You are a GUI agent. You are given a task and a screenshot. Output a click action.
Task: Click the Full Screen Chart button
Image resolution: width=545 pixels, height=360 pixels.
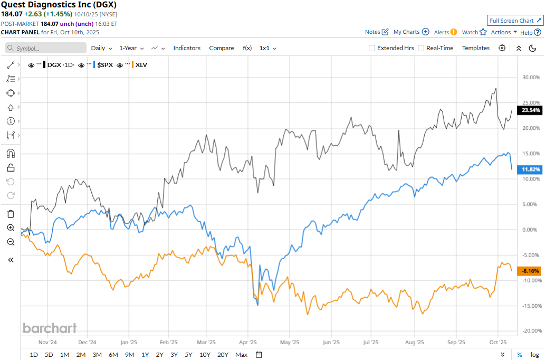point(514,21)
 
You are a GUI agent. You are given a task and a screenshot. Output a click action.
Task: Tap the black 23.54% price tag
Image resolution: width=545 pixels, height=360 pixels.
point(531,111)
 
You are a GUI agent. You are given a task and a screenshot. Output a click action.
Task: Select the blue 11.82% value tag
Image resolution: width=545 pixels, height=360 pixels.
point(531,169)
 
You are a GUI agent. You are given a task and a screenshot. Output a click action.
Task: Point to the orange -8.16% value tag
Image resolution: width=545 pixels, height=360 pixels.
point(530,271)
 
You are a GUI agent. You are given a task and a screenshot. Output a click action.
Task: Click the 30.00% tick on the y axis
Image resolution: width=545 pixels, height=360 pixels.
point(531,77)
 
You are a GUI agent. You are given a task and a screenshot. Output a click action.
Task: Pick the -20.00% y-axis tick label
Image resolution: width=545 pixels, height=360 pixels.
point(530,331)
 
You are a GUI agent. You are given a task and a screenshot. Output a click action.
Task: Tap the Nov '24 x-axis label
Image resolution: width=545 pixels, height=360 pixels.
point(47,342)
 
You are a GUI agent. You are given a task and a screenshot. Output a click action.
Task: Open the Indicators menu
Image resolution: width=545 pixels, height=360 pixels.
point(187,48)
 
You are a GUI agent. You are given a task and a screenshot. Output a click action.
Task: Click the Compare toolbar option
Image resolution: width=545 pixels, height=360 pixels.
point(222,48)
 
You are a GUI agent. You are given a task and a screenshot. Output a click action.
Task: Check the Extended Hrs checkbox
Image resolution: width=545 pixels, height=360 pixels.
point(372,48)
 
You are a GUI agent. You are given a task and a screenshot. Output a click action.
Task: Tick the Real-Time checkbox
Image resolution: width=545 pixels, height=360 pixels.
point(421,48)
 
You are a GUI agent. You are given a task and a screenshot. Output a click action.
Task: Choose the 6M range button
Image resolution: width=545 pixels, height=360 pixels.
point(113,355)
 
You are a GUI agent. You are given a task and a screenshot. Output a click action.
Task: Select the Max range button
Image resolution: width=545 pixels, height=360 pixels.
point(241,355)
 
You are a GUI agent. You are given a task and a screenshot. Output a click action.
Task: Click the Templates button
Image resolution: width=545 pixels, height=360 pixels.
point(476,48)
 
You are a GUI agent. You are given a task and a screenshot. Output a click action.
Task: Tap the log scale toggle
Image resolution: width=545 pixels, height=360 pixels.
point(534,355)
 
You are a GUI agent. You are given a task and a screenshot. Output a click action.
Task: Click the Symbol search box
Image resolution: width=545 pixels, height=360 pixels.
point(46,48)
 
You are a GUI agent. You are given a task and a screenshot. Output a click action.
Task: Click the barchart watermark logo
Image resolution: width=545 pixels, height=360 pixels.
point(50,328)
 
